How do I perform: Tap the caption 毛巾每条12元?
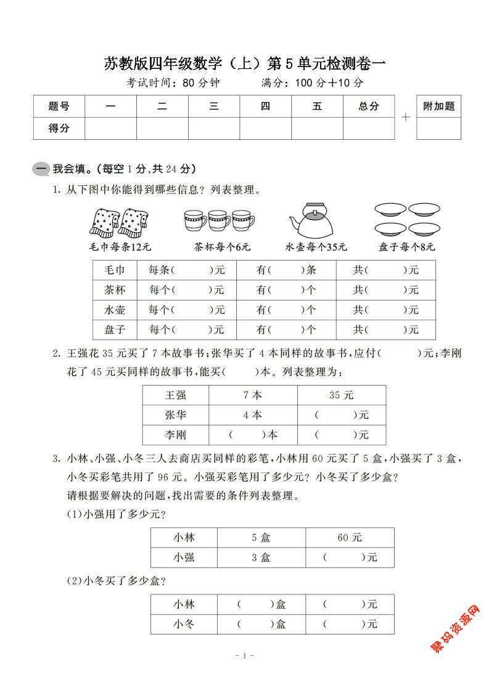tap(120, 247)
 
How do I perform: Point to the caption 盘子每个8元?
tap(407, 247)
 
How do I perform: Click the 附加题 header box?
tap(438, 107)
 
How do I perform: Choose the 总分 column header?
tap(369, 107)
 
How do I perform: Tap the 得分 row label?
tap(59, 128)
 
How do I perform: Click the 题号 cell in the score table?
tap(59, 107)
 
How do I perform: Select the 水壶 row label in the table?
tap(115, 309)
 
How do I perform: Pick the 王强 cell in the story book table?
tap(176, 395)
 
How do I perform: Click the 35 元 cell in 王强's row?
tap(342, 395)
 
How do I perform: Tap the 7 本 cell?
tap(253, 395)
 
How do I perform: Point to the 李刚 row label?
tap(176, 435)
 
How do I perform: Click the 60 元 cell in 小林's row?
tap(350, 538)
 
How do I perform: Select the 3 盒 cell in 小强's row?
tap(261, 557)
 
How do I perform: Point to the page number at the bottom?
tap(245, 657)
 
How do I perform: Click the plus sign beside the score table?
tap(406, 117)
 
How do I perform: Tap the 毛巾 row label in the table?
tap(115, 270)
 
